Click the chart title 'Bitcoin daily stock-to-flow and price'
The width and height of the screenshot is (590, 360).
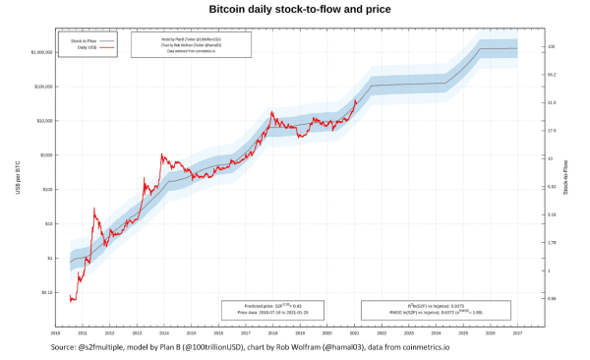(x=300, y=9)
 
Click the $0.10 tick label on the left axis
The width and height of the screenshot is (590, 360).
(x=45, y=292)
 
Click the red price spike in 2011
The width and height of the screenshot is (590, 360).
(x=93, y=209)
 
